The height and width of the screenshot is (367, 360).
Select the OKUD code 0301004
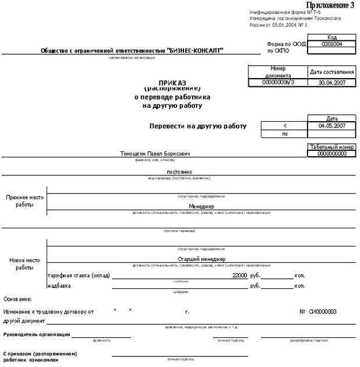pos(331,44)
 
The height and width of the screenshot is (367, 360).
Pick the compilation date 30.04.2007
pos(331,83)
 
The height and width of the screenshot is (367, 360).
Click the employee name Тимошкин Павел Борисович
pos(155,154)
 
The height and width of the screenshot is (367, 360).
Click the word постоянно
pos(179,172)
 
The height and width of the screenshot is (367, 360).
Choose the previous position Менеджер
pos(202,207)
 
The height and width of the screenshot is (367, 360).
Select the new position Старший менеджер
pos(202,259)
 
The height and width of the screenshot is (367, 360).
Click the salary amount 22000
pos(239,275)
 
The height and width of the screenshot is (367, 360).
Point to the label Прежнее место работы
pos(24,201)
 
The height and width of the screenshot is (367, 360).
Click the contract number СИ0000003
pos(322,312)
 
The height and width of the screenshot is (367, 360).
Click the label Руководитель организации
pos(37,334)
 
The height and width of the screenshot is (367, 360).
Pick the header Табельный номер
pos(331,147)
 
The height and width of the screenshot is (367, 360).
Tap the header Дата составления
pos(331,72)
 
